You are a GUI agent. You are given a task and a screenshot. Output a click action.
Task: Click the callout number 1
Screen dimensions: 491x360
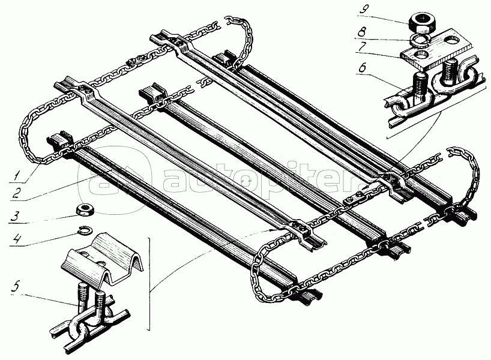15,175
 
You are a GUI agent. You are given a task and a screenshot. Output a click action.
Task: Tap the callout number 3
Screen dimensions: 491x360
16,217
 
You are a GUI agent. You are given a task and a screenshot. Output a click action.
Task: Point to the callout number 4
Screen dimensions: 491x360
15,239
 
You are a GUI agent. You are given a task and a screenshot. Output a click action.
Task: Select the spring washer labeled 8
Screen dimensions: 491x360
418,40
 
